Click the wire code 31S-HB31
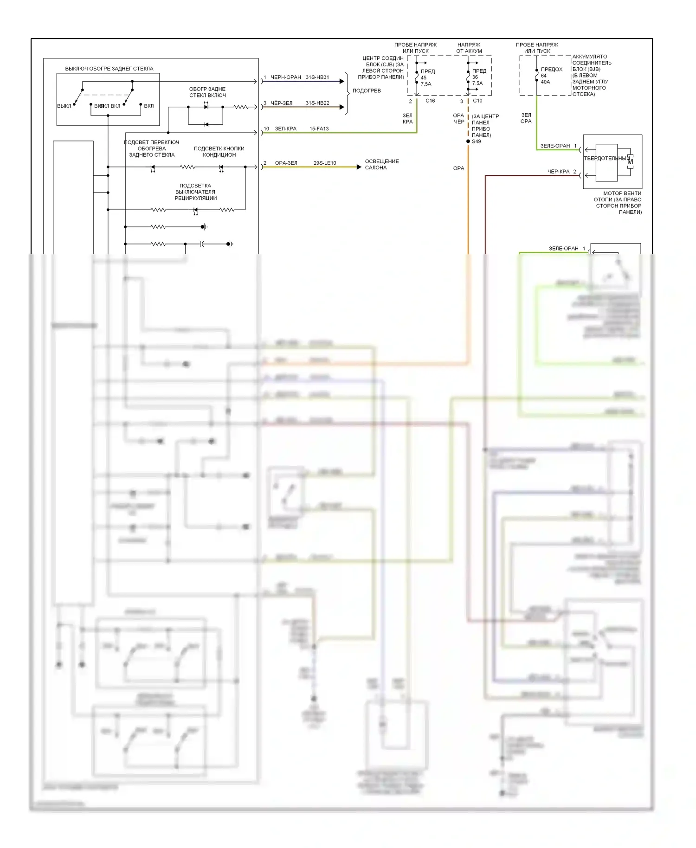click(317, 77)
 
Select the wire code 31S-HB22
click(317, 103)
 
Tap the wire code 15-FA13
click(319, 129)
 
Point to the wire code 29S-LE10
click(325, 163)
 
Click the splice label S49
click(477, 141)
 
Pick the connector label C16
click(430, 101)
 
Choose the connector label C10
click(477, 101)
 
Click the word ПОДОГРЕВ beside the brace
click(367, 91)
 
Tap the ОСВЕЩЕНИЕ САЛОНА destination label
click(381, 165)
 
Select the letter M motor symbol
click(630, 162)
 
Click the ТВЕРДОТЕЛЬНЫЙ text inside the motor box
click(606, 159)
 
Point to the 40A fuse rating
click(545, 82)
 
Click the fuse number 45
click(424, 78)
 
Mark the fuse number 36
click(475, 77)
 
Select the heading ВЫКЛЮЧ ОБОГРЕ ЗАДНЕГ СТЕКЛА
click(109, 69)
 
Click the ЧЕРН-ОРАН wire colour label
click(286, 77)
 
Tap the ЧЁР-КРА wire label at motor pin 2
click(558, 172)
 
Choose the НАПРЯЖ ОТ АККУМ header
click(469, 48)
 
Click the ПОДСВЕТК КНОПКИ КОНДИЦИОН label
click(219, 152)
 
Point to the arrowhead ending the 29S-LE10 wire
click(359, 167)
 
